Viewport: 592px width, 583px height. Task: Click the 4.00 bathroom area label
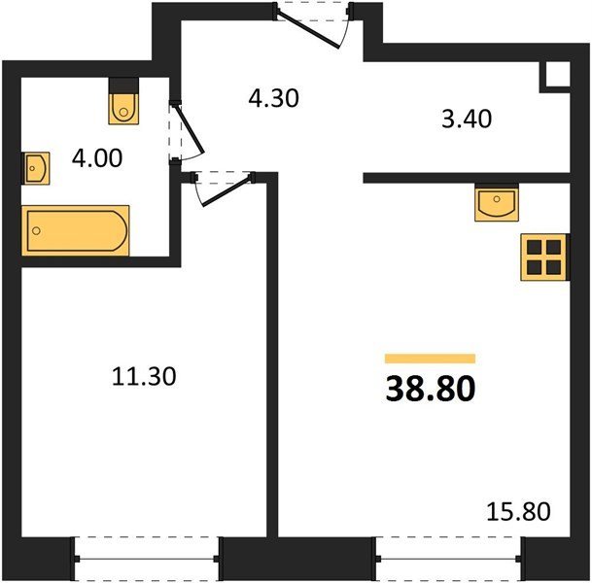97,158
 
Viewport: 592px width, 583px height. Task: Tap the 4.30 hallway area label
274,98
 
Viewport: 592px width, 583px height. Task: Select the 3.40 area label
467,119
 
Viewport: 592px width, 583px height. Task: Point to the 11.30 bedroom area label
144,376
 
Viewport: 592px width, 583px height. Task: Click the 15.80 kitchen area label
518,512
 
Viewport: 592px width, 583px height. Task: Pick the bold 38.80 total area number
431,389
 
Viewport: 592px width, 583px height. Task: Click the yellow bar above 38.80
430,359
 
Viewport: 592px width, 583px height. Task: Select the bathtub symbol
76,230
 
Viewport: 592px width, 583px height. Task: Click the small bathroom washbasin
36,168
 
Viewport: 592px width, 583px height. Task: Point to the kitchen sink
497,204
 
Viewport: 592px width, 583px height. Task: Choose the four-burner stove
543,257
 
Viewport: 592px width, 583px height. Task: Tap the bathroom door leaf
191,128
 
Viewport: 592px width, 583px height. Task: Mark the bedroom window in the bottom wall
147,559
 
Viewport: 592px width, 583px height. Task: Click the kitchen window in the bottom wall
448,559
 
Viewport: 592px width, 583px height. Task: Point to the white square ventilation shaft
558,74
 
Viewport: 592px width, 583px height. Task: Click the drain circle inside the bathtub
36,230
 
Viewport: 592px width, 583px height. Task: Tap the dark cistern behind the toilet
123,86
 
